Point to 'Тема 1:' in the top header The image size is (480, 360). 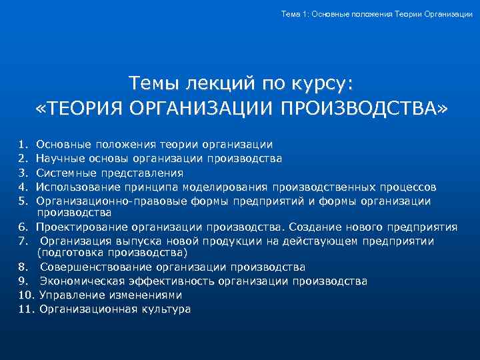tap(295, 14)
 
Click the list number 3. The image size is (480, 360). tap(23, 173)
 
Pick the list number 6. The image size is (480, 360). tap(23, 227)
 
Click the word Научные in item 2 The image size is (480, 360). tap(58, 159)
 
